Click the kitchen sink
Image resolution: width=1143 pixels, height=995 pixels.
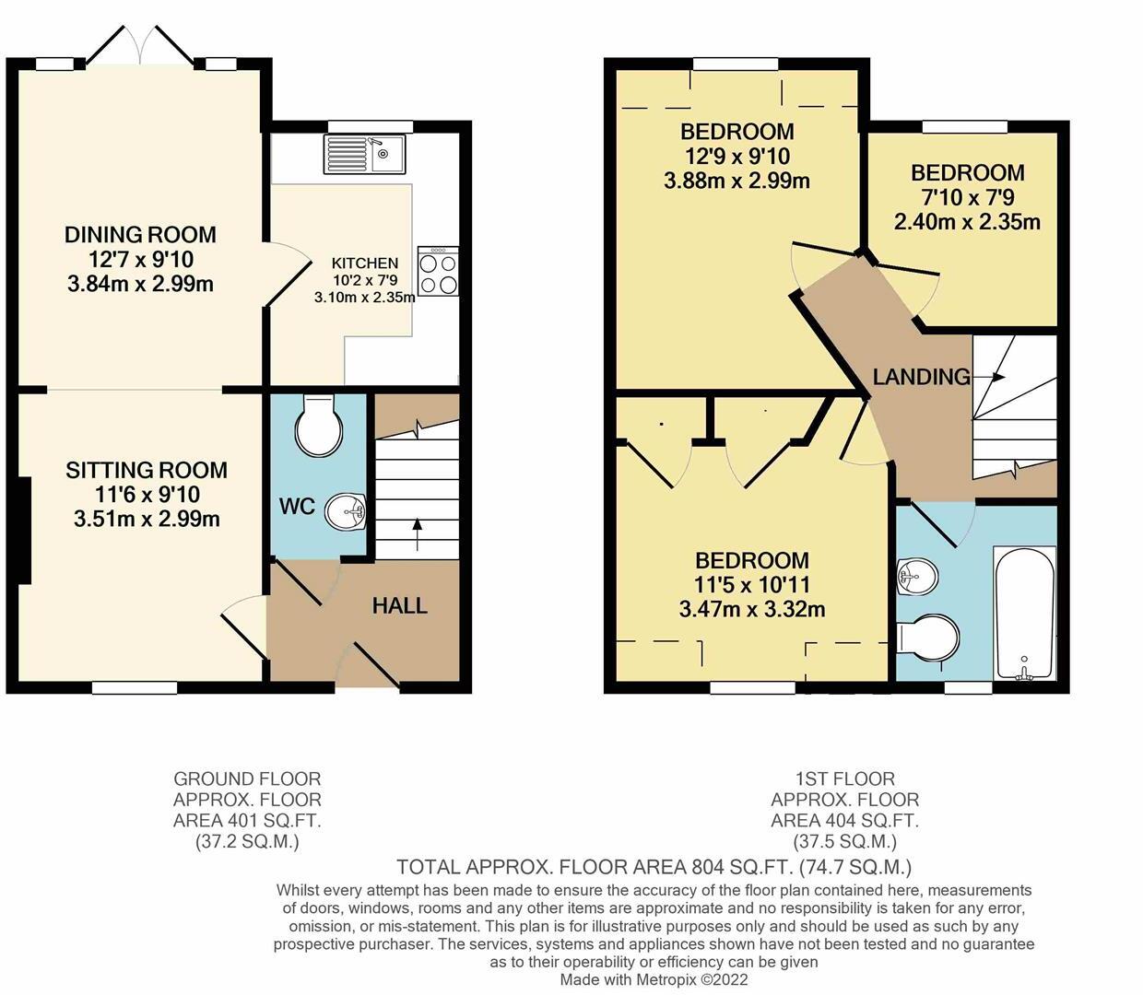(364, 154)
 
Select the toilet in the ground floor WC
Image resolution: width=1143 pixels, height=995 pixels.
(319, 426)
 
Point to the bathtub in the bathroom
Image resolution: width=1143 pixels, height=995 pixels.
(1023, 613)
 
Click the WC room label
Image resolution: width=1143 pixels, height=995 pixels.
(297, 507)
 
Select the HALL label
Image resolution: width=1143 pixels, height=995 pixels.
(399, 605)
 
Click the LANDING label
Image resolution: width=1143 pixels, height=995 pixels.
(921, 376)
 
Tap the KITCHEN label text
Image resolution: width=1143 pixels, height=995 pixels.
(365, 263)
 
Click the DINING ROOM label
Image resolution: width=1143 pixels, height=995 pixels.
(140, 235)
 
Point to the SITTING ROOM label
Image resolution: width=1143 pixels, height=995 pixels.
(147, 470)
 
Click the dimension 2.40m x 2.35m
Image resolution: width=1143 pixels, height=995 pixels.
(967, 222)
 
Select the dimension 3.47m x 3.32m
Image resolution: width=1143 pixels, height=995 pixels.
(751, 609)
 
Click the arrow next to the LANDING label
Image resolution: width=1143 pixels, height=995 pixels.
(993, 377)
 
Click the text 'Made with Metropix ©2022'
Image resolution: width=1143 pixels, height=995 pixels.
(654, 979)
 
